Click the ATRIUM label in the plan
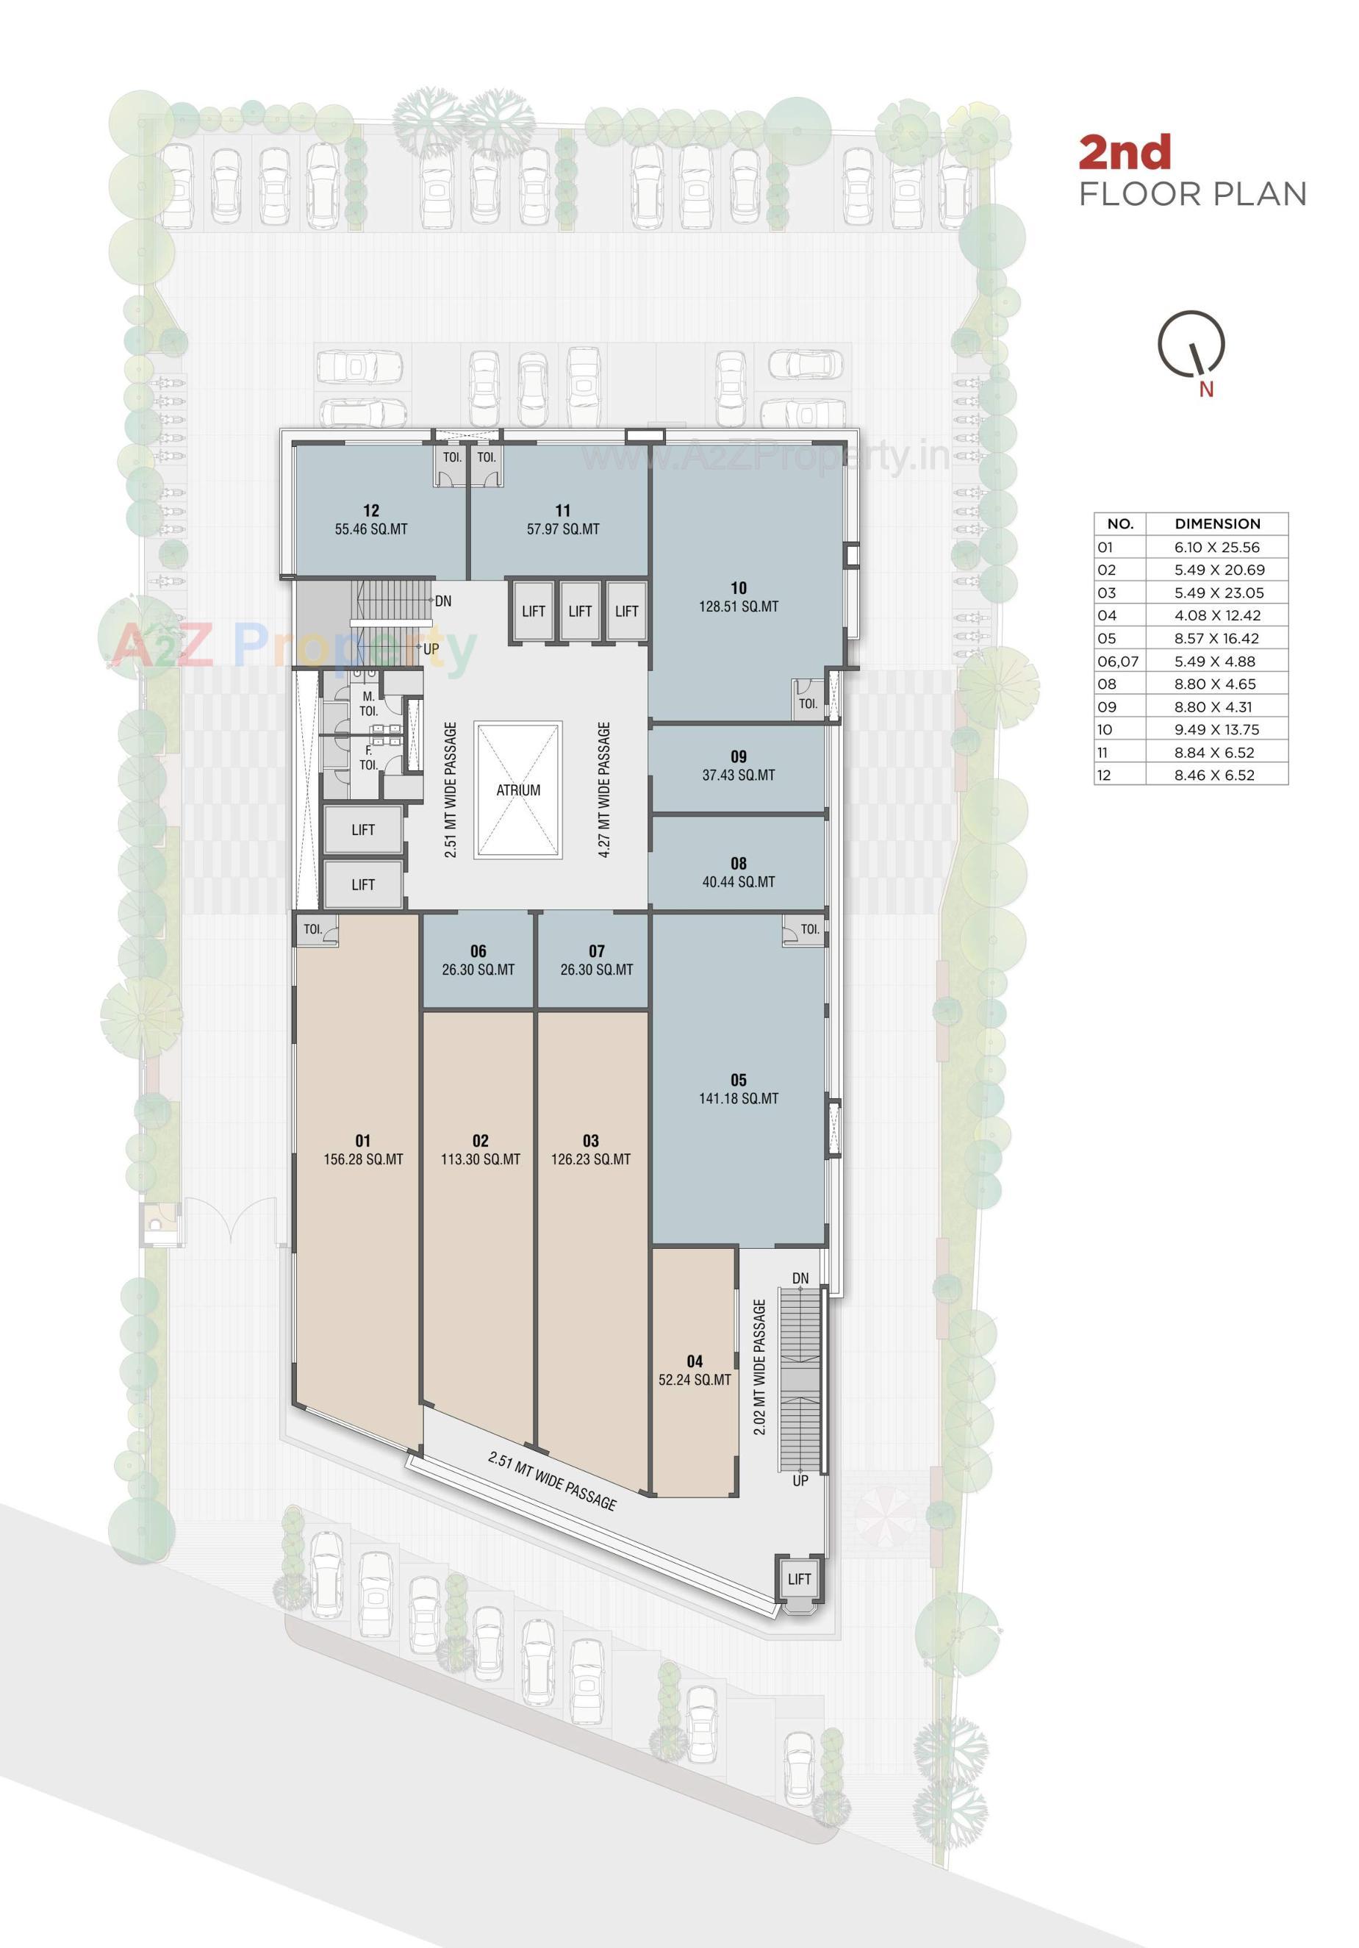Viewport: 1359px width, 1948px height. pos(517,790)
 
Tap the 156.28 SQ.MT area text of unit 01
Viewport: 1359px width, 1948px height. pos(363,1159)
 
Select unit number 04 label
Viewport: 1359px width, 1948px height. pos(694,1361)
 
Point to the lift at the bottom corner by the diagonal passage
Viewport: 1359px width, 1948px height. pos(798,1579)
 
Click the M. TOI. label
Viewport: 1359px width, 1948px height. pos(368,704)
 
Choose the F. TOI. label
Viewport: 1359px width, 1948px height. pos(368,758)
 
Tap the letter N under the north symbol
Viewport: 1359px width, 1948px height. pos(1205,390)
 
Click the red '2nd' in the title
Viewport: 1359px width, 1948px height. pos(1124,153)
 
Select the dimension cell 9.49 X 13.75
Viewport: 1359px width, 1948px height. pos(1216,730)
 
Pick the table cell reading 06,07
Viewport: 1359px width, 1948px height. pos(1118,662)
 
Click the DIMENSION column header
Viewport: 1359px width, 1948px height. pos(1217,524)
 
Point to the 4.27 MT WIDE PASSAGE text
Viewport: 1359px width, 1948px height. pos(604,790)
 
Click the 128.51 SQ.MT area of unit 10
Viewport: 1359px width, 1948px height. pos(738,606)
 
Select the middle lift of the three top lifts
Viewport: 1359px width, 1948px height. pos(580,611)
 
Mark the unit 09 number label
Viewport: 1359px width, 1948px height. pos(738,757)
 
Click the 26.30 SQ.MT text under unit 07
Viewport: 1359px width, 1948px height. pos(596,970)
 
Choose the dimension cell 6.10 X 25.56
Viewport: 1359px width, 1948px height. pos(1216,547)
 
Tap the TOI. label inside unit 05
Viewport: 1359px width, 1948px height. pos(810,929)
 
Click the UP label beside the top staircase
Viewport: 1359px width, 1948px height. pos(431,649)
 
